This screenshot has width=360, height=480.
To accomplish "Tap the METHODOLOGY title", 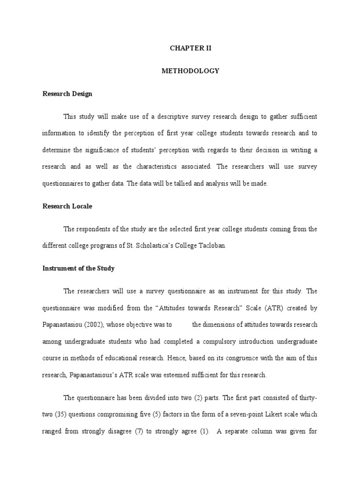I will click(x=190, y=71).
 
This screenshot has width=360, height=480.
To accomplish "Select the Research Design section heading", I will click(x=67, y=94).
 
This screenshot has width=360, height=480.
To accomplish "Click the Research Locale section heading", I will click(x=67, y=206).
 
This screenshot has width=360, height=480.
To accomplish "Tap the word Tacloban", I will click(x=214, y=246).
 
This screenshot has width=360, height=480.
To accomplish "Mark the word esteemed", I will click(x=187, y=375).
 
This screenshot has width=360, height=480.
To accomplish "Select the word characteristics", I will click(x=160, y=167).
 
